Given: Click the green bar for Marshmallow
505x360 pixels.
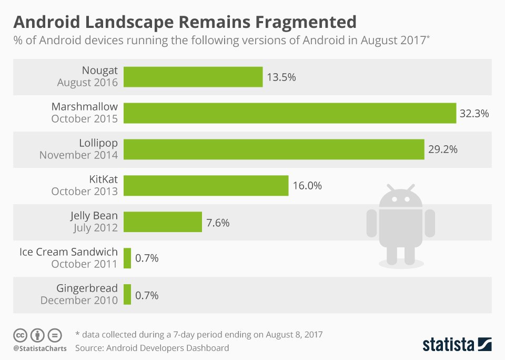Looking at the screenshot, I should click(290, 113).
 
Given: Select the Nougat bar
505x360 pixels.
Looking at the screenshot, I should click(193, 77).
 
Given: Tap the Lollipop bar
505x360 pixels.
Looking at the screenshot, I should click(274, 149).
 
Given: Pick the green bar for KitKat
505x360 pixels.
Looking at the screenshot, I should click(206, 186).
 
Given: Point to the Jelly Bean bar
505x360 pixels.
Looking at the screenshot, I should click(163, 222).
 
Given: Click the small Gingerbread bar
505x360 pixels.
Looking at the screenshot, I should click(127, 295).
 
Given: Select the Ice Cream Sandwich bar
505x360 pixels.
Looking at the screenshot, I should click(127, 258).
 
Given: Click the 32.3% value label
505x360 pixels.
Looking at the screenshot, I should click(474, 113).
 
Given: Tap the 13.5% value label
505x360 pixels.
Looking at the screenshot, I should click(281, 77).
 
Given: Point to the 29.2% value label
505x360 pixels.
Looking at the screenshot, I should click(443, 149).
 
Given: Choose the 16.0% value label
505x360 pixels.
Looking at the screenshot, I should click(307, 186).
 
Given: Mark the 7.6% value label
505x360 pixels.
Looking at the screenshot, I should click(218, 222).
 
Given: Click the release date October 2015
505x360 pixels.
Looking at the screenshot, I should click(85, 119).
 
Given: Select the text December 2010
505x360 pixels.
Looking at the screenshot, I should click(79, 301).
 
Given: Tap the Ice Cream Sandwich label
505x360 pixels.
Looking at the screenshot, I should click(68, 252).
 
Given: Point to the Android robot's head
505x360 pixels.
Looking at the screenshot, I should click(400, 197).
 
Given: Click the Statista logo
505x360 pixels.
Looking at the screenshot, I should click(457, 345).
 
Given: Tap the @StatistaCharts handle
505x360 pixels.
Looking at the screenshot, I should click(40, 348).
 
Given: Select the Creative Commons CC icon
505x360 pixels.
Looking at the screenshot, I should click(21, 335).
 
